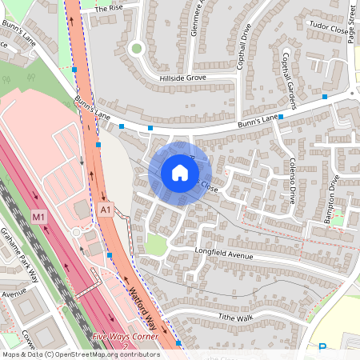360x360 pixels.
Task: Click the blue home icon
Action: click(x=180, y=172)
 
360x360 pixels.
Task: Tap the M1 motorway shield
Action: click(x=39, y=217)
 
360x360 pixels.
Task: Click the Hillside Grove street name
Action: click(x=183, y=78)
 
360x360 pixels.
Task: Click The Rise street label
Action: click(x=110, y=8)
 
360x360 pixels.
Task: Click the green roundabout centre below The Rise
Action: click(x=136, y=48)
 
